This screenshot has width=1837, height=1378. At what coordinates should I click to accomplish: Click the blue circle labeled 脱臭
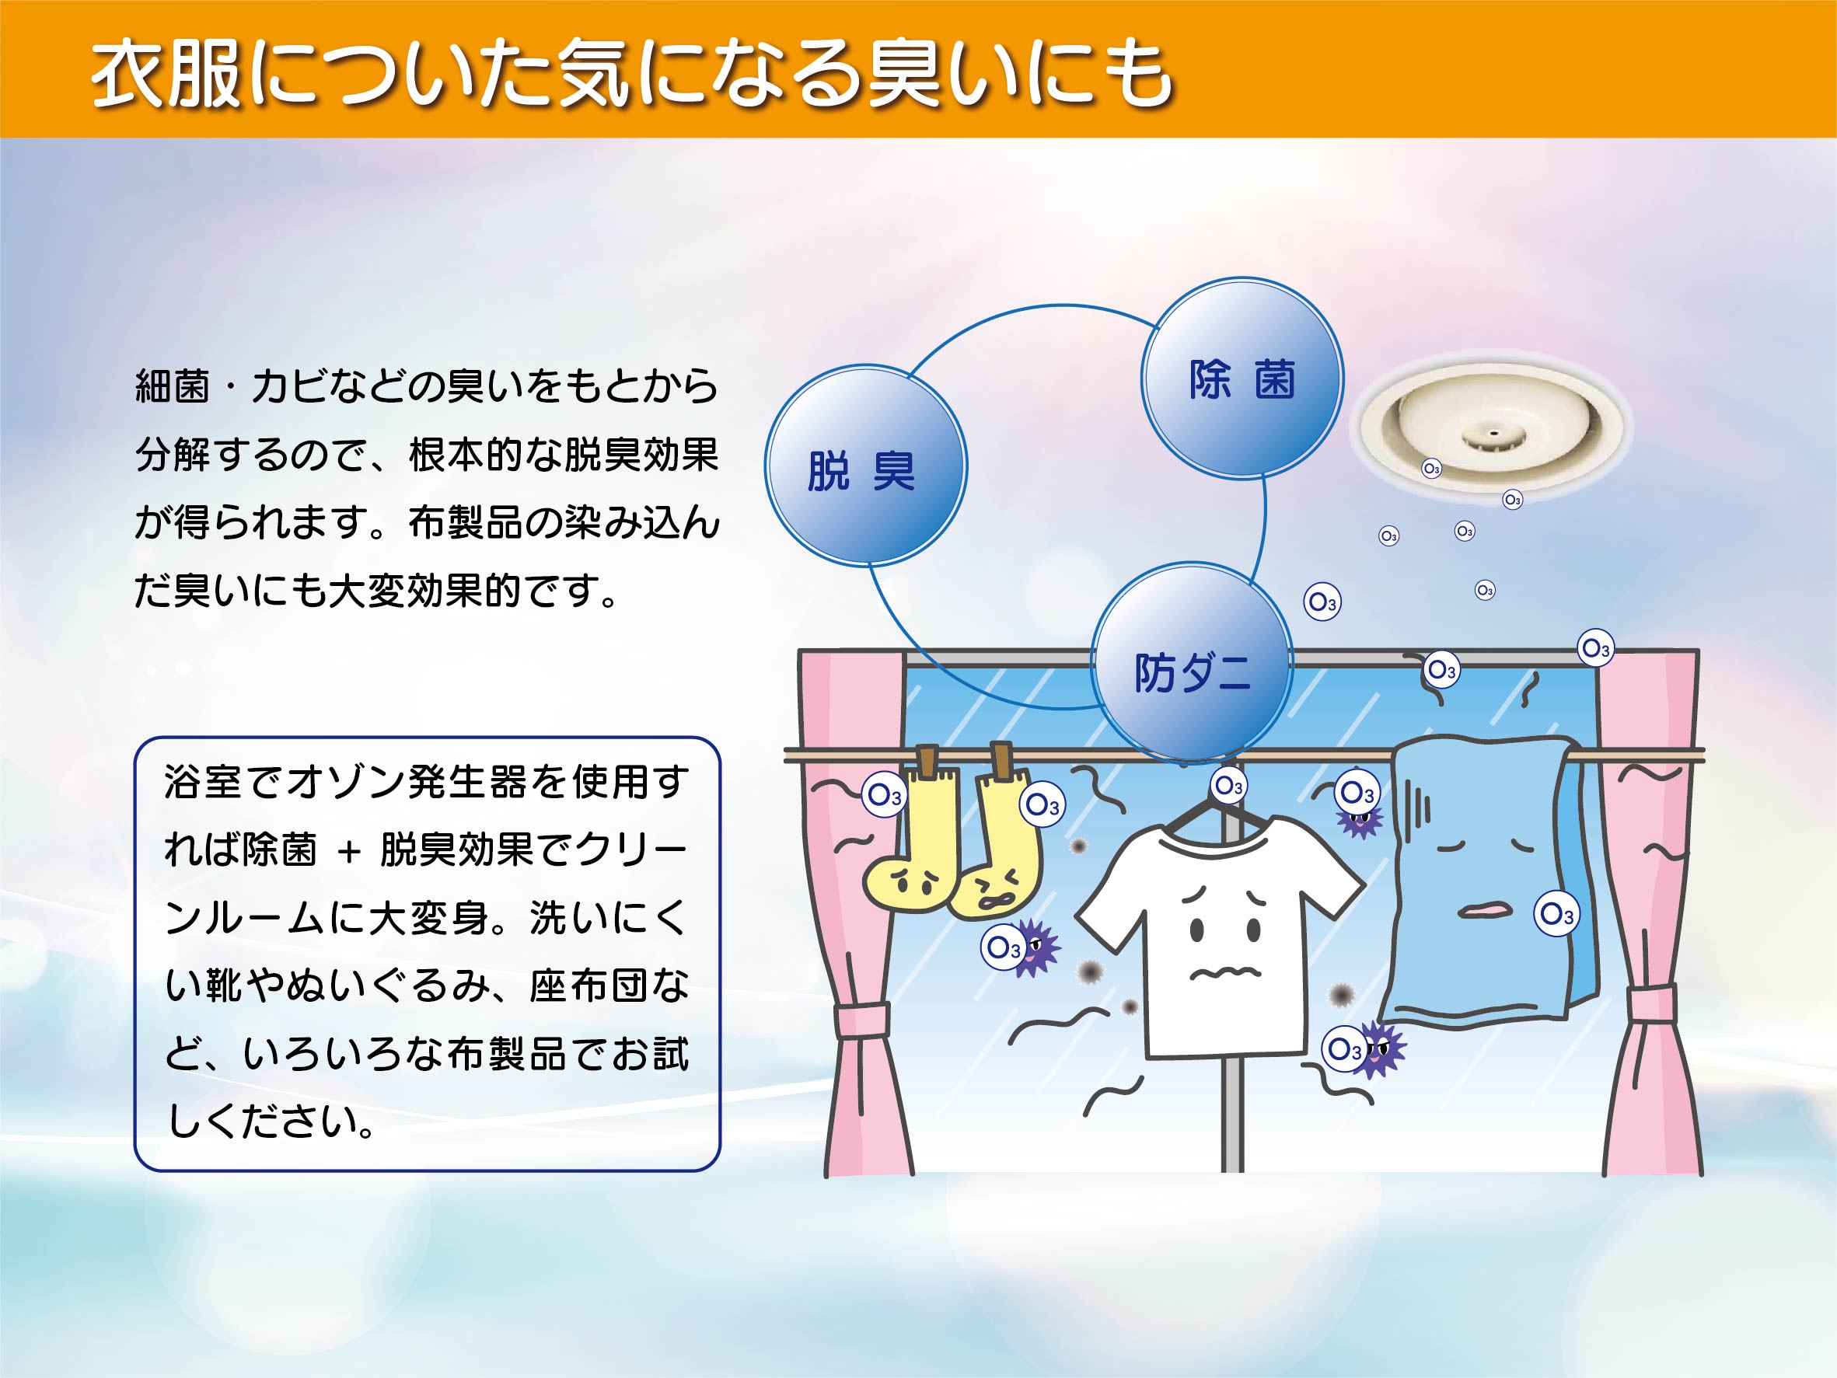865,466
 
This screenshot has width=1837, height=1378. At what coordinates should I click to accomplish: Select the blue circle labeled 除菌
1242,379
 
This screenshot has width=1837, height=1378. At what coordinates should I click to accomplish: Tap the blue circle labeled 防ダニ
1191,662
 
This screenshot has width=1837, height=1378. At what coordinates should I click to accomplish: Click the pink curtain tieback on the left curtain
861,1020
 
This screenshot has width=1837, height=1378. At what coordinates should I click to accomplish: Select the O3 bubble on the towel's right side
1556,914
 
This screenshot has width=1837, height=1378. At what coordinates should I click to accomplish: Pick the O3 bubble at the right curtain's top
1595,648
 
